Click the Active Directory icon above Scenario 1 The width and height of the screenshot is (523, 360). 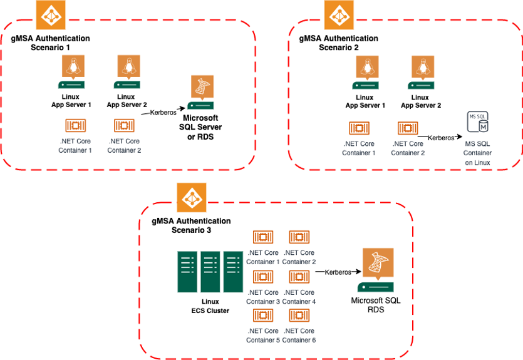coord(50,15)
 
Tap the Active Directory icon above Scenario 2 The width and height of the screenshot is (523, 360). coord(339,15)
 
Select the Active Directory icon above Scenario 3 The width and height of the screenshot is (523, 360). coord(191,198)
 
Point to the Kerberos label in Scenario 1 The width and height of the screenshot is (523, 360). coord(163,113)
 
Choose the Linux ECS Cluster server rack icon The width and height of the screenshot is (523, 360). coord(210,272)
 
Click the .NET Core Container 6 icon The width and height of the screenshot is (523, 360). coord(299,316)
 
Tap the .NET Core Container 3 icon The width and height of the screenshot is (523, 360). coord(263,277)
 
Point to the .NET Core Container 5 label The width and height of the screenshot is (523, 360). coord(264,335)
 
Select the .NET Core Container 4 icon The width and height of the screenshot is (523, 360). coord(299,277)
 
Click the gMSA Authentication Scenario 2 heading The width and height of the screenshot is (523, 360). coord(338,43)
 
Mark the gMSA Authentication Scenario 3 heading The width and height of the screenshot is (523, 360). coord(191,225)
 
